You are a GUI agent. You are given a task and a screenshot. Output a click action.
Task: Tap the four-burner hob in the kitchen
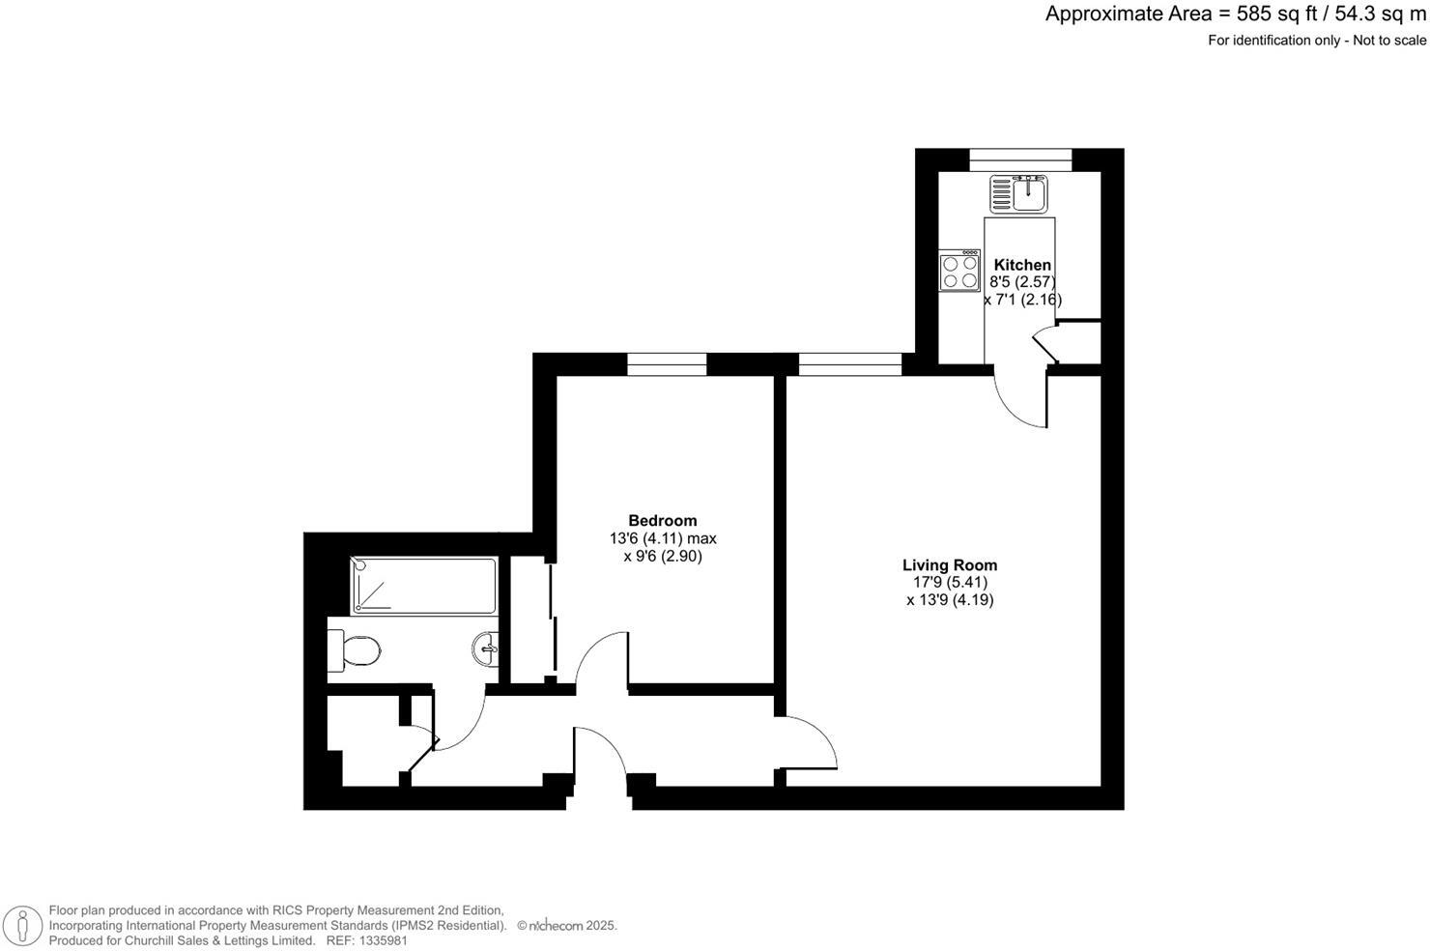point(959,272)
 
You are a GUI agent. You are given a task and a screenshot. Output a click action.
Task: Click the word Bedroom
point(662,520)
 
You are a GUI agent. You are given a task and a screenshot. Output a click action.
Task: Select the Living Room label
point(949,565)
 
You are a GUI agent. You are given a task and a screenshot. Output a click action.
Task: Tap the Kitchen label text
point(1022,265)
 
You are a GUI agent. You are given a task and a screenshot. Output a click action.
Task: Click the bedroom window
point(667,364)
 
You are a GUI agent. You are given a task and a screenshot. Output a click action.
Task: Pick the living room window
point(849,364)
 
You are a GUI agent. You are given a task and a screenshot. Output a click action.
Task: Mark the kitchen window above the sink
point(1020,159)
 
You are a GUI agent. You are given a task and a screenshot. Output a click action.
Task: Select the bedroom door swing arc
point(599,657)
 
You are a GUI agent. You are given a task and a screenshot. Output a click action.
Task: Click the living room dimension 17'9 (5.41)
point(950,583)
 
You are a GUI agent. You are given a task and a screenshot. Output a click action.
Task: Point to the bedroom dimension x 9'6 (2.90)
point(662,557)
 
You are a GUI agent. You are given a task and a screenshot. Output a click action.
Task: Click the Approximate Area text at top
point(1235,14)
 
